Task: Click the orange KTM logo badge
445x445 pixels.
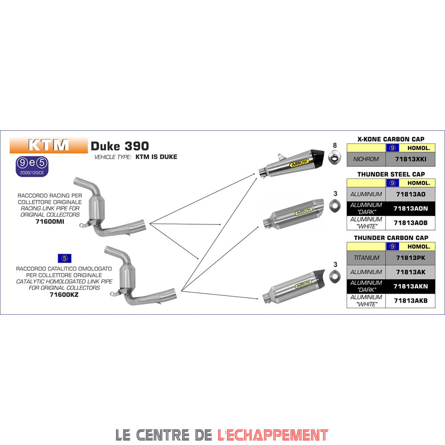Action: point(49,145)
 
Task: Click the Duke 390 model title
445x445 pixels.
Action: point(120,146)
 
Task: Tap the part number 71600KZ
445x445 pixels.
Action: point(64,294)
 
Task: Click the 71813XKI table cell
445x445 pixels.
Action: point(410,159)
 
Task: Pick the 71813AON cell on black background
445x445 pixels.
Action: point(410,208)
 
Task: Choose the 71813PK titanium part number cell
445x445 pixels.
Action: point(410,258)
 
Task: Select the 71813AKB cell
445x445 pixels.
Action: point(410,300)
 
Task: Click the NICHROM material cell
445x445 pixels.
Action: point(365,159)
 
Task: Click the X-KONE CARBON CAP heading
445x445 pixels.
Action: point(391,139)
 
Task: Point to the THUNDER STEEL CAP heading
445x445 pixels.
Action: point(391,174)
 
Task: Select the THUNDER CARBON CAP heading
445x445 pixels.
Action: point(391,238)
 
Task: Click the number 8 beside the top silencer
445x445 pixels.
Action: point(335,145)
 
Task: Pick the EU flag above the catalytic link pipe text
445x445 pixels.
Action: point(65,258)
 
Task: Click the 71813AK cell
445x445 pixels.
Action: point(410,272)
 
